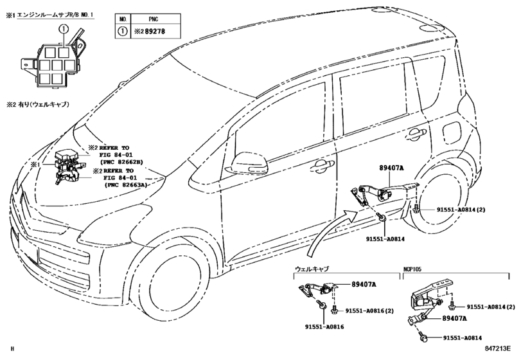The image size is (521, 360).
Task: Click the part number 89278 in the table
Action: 155,32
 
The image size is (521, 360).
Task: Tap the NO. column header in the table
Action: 123,19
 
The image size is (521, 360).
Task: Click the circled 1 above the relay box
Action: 63,30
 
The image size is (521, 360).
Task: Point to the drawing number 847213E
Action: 497,348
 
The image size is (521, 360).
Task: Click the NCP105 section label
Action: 412,269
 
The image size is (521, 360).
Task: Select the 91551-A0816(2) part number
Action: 369,310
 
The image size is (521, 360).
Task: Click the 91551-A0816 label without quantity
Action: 324,327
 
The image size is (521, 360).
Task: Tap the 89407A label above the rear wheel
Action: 391,168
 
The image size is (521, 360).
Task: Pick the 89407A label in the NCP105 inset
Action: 454,318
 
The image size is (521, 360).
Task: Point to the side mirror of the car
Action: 245,163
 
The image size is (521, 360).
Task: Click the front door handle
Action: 320,165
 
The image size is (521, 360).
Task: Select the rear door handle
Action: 416,134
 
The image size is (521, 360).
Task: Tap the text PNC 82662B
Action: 121,162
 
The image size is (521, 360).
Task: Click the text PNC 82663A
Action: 126,184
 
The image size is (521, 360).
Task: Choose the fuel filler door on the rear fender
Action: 452,131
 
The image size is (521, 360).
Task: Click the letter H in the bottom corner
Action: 12,348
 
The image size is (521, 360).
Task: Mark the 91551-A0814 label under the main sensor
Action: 385,239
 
